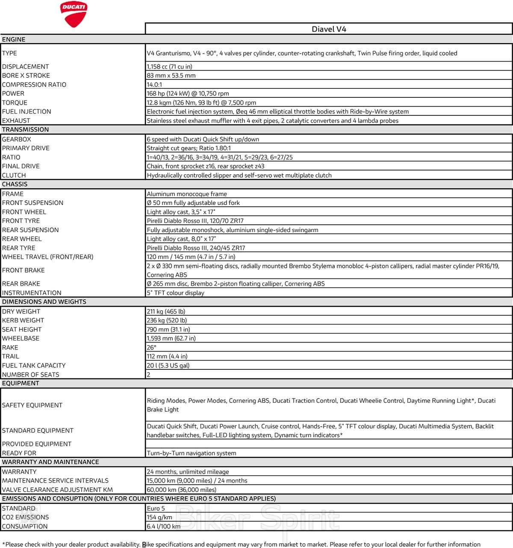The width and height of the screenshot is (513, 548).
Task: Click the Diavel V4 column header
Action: click(x=329, y=29)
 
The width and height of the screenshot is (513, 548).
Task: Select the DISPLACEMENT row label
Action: click(x=26, y=67)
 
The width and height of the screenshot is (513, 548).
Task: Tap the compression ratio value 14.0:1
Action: click(x=154, y=85)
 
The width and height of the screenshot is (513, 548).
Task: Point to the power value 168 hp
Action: click(x=188, y=94)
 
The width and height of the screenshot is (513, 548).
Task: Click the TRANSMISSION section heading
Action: click(x=26, y=129)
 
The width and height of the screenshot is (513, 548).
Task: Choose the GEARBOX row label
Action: click(x=17, y=139)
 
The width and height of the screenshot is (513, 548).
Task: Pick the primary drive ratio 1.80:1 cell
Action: click(x=189, y=148)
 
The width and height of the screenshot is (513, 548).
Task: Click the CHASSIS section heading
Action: click(x=15, y=184)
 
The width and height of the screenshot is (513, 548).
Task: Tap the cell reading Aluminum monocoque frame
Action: click(x=187, y=194)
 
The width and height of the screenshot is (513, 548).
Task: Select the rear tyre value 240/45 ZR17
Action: click(x=196, y=248)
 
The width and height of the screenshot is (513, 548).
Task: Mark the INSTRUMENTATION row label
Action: click(x=32, y=293)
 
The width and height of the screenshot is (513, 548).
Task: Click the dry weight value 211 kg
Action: click(x=166, y=311)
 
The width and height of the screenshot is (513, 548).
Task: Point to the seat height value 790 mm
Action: click(x=168, y=329)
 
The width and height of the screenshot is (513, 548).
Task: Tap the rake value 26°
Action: click(x=151, y=347)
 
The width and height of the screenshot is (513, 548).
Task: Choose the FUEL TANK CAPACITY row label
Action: click(x=34, y=366)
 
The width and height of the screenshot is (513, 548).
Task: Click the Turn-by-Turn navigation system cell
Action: click(x=192, y=453)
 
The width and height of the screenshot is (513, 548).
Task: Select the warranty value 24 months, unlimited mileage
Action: click(x=188, y=472)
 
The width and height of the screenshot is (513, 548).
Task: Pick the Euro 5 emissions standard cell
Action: click(x=156, y=508)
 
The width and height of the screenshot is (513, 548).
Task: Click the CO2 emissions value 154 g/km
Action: click(x=159, y=517)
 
